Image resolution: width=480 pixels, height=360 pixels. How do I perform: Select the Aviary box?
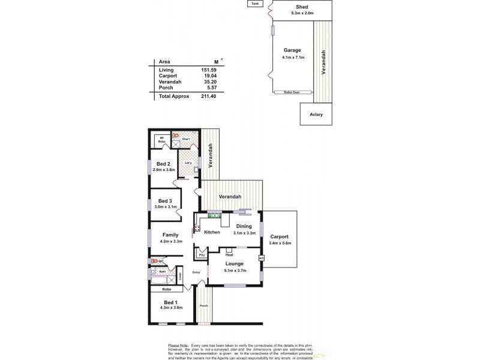[x=316, y=113]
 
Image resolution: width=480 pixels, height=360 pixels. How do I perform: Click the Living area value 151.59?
[x=208, y=70]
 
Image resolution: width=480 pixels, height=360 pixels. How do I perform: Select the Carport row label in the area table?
[x=167, y=76]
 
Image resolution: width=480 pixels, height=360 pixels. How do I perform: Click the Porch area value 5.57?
[x=210, y=88]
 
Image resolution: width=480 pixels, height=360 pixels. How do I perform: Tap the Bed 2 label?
[x=164, y=164]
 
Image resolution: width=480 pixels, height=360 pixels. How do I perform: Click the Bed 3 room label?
[x=165, y=200]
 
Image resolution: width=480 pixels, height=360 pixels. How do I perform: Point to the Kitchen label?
[x=212, y=232]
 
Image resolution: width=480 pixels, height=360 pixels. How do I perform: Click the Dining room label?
[x=244, y=226]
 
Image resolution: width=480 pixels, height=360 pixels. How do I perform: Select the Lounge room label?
[x=234, y=263]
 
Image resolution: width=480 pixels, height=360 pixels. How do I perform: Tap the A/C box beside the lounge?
[x=261, y=258]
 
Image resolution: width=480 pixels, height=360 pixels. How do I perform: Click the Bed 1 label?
[x=170, y=302]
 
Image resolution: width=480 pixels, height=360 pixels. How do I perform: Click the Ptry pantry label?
[x=201, y=254]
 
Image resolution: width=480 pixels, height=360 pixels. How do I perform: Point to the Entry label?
[x=196, y=272]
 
